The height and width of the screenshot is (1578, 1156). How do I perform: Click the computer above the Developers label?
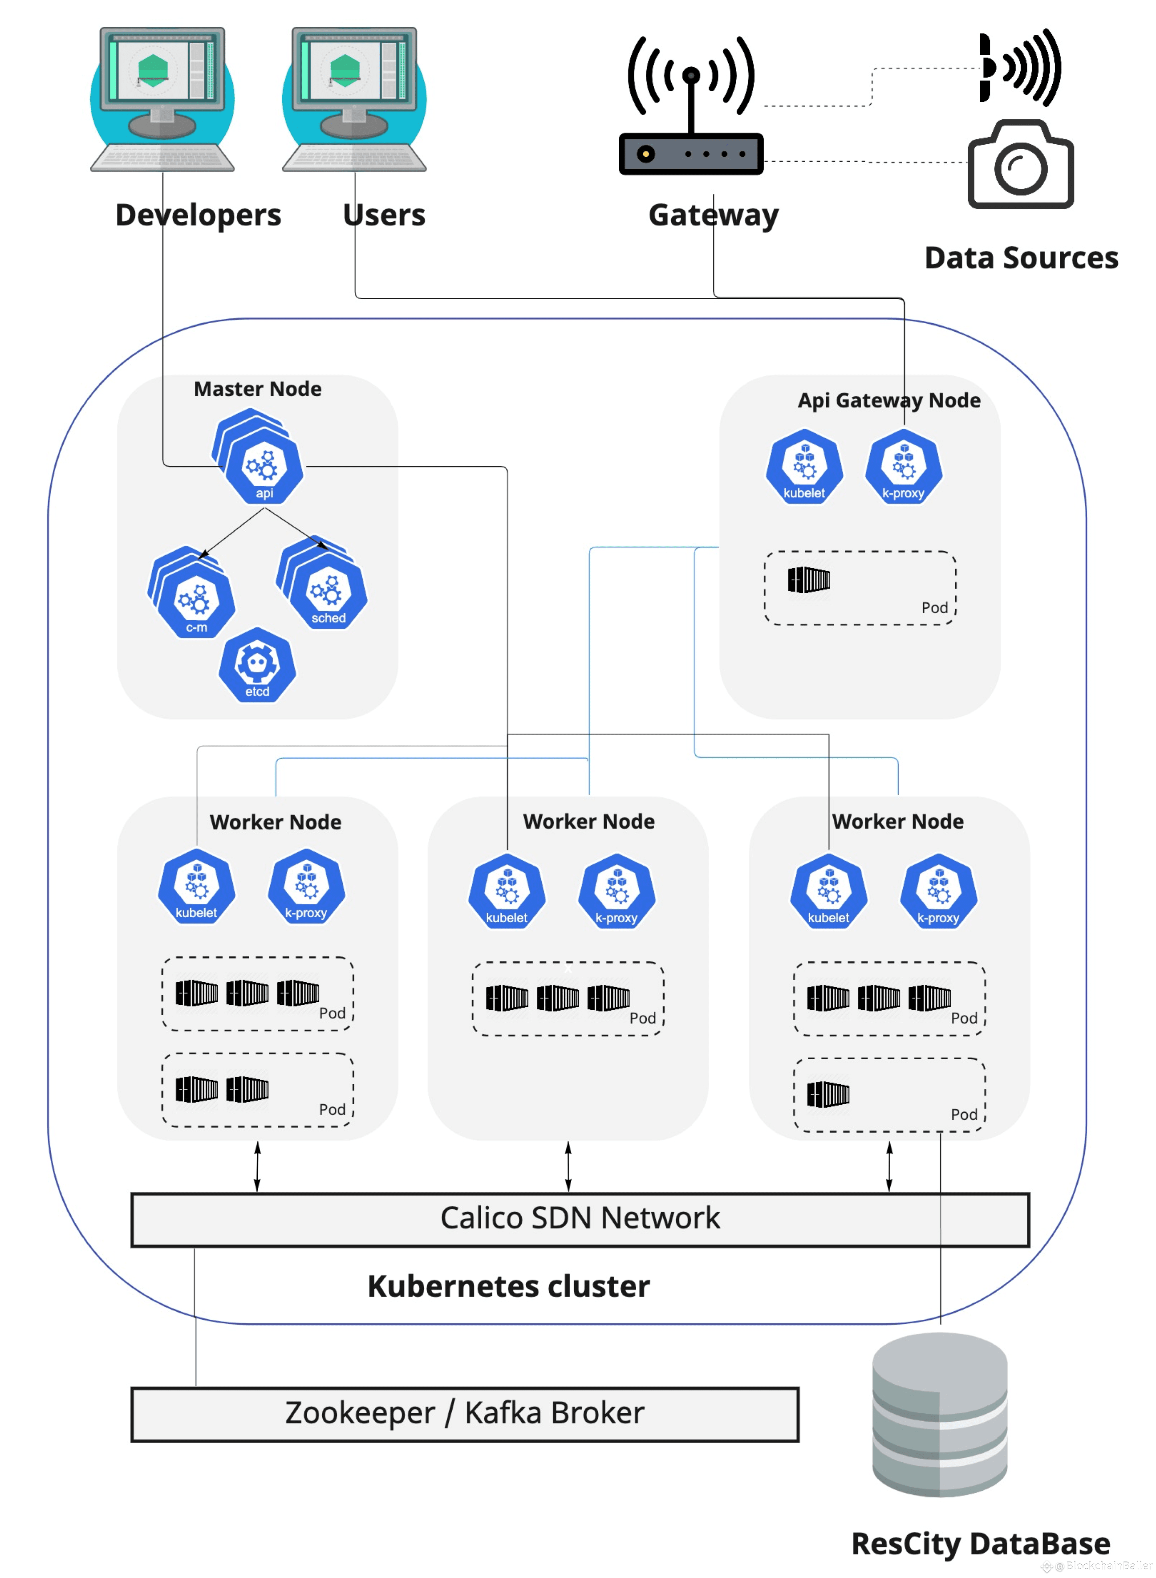(162, 98)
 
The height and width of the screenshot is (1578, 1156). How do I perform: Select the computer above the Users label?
(354, 98)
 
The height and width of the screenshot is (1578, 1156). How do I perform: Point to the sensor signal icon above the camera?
(1020, 67)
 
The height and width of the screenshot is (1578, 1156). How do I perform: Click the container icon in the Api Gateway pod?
(809, 579)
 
